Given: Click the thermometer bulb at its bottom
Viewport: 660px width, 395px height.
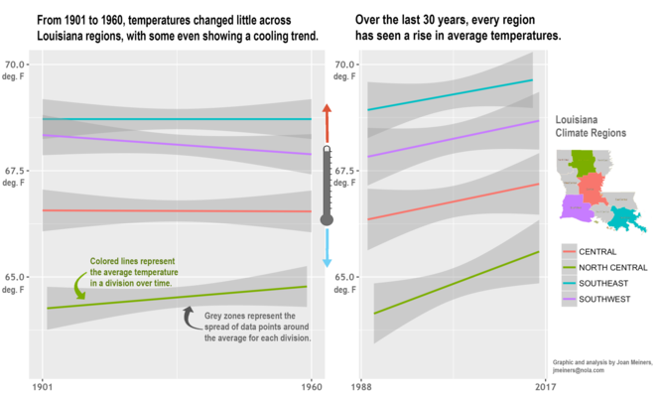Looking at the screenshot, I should pos(327,219).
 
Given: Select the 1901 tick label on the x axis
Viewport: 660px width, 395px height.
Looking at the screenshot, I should pos(42,386).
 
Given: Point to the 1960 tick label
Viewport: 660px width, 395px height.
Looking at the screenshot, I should pos(312,386).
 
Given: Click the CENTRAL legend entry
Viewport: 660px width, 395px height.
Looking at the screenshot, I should pos(596,251).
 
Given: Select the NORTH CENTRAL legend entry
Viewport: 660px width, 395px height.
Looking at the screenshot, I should pos(612,267).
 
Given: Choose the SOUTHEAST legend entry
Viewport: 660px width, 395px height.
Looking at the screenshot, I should pos(603,283).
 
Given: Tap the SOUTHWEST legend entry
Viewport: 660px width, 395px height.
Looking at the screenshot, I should pos(604,299).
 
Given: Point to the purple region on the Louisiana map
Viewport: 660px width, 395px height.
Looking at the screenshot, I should pos(573,207).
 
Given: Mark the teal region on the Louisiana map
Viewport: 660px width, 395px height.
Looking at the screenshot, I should pos(623,215).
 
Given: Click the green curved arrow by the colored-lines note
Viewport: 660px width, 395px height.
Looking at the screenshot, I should pos(80,287).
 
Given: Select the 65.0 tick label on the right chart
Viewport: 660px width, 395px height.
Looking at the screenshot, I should pos(342,277).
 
